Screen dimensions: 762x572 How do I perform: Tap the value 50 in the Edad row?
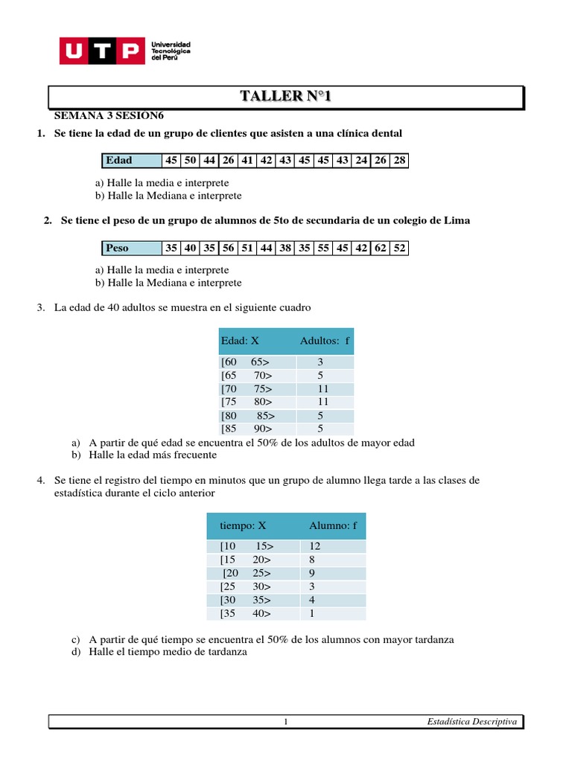click(x=191, y=160)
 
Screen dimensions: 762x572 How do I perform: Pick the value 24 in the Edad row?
click(x=362, y=160)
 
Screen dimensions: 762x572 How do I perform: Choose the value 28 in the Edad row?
click(x=400, y=160)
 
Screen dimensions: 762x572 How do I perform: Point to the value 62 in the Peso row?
click(x=381, y=248)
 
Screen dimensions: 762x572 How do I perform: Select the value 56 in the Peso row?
click(x=229, y=248)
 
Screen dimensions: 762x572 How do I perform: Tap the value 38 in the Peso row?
click(x=285, y=248)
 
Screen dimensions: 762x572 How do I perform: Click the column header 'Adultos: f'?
click(x=325, y=341)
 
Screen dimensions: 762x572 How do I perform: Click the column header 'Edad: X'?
click(x=240, y=341)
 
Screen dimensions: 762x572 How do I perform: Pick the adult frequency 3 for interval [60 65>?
click(x=320, y=362)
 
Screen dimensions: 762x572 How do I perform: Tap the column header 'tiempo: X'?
click(x=243, y=525)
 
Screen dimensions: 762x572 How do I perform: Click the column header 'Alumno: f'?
click(x=333, y=525)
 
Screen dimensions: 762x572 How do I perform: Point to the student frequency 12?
click(x=314, y=546)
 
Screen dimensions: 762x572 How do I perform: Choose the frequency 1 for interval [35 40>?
click(x=311, y=614)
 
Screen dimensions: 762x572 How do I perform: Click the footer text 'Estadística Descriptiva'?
click(x=472, y=721)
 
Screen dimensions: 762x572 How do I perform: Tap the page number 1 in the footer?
click(x=285, y=722)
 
